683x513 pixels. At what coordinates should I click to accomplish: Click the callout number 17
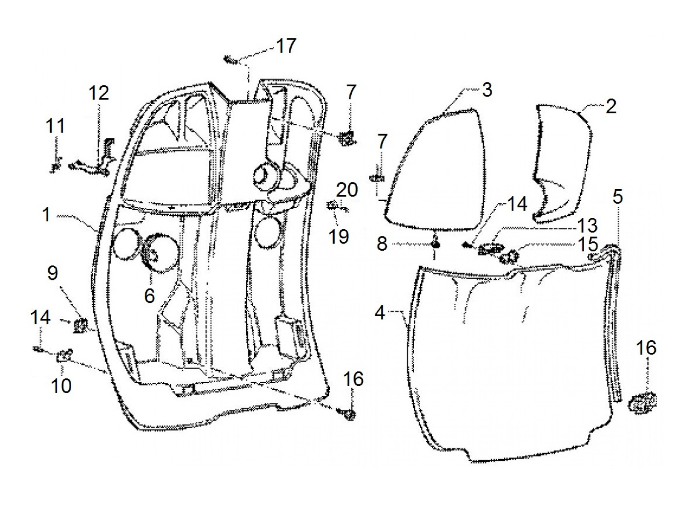pyautogui.click(x=286, y=46)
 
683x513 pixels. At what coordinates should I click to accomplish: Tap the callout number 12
pyautogui.click(x=99, y=93)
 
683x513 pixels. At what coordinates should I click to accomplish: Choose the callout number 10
pyautogui.click(x=62, y=385)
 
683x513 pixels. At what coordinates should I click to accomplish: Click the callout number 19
pyautogui.click(x=339, y=237)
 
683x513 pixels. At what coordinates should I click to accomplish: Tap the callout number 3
pyautogui.click(x=487, y=90)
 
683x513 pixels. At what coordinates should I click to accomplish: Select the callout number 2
pyautogui.click(x=611, y=106)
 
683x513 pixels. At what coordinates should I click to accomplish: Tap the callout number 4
pyautogui.click(x=380, y=312)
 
